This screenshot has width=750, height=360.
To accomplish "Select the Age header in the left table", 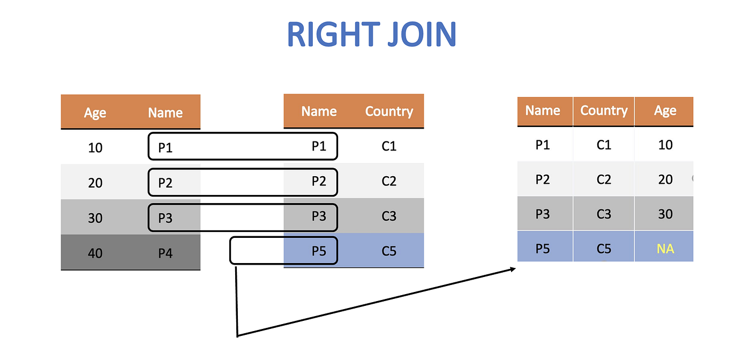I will (x=95, y=113).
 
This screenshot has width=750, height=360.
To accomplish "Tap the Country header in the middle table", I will (x=389, y=111).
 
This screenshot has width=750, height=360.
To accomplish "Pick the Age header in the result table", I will (x=665, y=111).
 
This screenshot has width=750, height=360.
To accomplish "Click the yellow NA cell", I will (x=665, y=249).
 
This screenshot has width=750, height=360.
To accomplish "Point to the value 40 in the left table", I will (x=95, y=252).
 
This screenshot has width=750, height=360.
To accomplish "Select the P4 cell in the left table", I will (x=165, y=252).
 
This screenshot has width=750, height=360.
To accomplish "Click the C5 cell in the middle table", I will (x=389, y=251).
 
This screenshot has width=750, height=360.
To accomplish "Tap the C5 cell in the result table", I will (x=604, y=249).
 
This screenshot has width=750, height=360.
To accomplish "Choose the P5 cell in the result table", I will (x=543, y=249).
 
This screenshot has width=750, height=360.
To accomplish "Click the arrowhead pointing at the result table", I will (x=512, y=269).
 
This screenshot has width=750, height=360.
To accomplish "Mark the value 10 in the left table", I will (x=95, y=147).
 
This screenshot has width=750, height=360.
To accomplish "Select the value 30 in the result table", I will (x=665, y=214).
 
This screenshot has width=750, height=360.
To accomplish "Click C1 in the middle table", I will (x=389, y=146).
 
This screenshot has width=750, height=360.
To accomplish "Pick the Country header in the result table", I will (x=604, y=111).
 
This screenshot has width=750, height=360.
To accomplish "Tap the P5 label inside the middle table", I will (x=319, y=251).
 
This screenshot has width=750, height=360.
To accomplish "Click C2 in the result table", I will (x=604, y=179).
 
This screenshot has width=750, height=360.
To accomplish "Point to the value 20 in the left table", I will (x=95, y=183).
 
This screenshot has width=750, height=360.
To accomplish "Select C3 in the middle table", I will (x=389, y=216).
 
